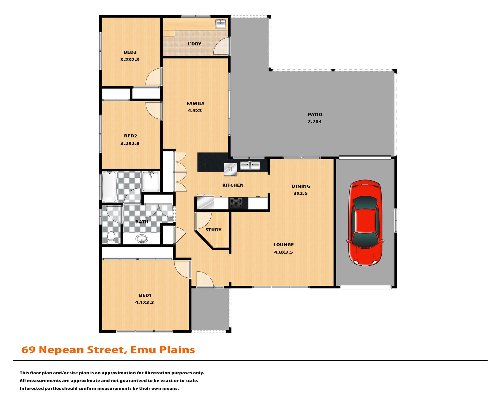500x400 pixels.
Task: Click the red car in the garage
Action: tap(365, 222)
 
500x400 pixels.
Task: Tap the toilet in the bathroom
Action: tap(111, 237)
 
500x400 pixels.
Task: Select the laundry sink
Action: tap(220, 24)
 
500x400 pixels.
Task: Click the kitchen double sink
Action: tap(250, 165)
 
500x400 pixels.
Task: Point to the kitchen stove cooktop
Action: tap(236, 203)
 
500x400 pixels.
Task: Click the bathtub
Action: tap(109, 187)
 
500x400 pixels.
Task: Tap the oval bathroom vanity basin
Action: tap(142, 239)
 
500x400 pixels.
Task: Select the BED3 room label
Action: tap(130, 52)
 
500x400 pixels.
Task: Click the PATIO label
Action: tap(315, 114)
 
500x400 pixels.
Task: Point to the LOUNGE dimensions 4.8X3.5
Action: tap(283, 252)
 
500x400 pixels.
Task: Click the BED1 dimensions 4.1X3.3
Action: tap(144, 302)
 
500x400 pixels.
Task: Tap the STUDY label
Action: tap(213, 230)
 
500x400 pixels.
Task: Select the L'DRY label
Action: tap(194, 44)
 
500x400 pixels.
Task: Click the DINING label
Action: tap(301, 186)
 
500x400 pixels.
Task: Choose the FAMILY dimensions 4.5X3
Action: tap(195, 111)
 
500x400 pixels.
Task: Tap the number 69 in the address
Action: tap(28, 350)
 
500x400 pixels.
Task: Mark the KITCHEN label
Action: tap(233, 185)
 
